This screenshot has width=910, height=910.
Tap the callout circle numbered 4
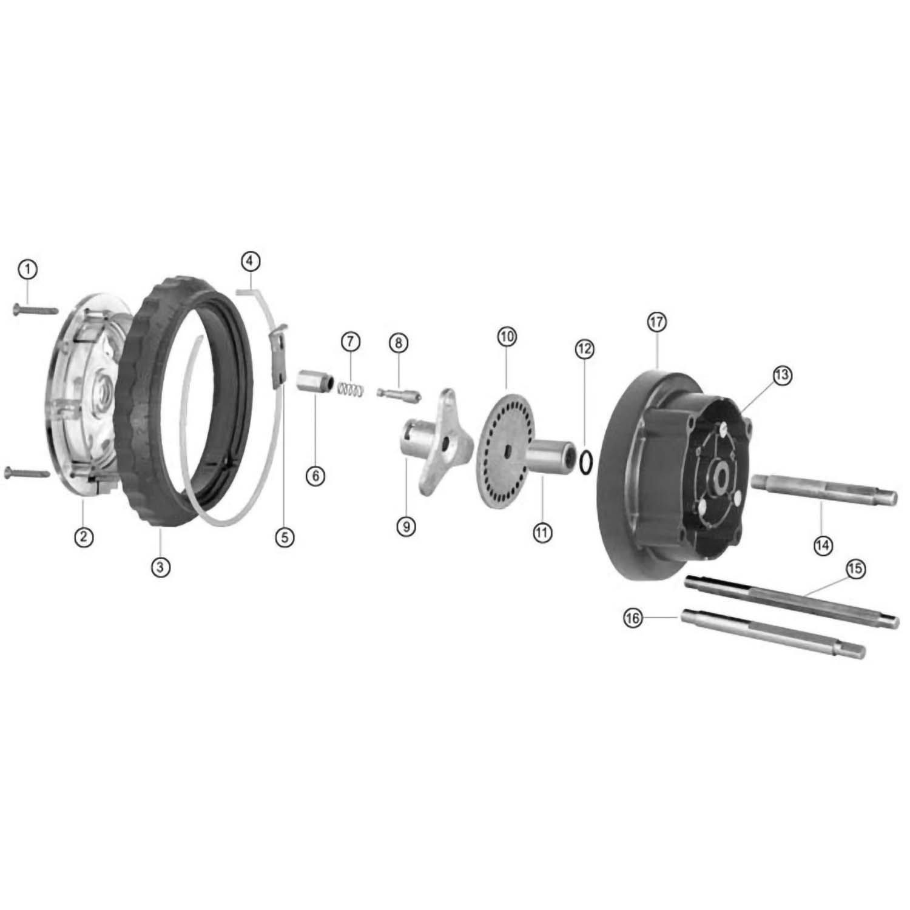pos(250,261)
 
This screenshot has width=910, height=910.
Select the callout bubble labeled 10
pos(507,335)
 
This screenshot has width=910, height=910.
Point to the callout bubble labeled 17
pos(657,322)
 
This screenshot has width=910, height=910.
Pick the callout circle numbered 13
pos(782,376)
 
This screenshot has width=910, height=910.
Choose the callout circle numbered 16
pos(633,619)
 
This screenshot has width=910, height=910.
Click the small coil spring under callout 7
pos(351,388)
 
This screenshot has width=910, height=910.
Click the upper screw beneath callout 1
pos(35,310)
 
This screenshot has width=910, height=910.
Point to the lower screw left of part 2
pos(27,471)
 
